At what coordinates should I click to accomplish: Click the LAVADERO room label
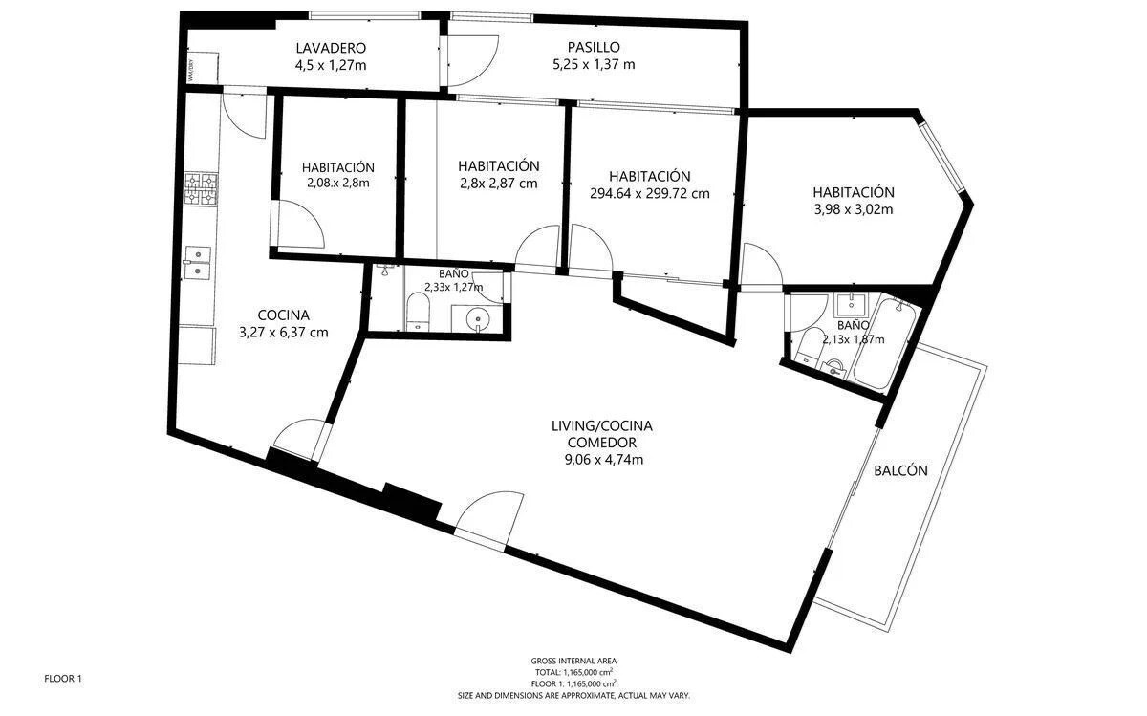pos(331,48)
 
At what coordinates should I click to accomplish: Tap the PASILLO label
pos(594,47)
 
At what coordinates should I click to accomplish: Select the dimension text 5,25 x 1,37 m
pos(594,65)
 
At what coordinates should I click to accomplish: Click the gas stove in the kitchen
pos(201,188)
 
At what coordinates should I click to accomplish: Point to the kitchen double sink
pos(197,263)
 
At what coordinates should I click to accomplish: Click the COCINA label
pos(283,315)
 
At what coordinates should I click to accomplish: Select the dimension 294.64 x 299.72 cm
pos(649,194)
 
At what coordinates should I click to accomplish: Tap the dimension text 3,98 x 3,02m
pos(853,209)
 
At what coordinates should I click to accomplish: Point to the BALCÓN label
pos(900,470)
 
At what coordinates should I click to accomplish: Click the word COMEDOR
pos(601,443)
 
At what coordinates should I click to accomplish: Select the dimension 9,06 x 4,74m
pos(604,460)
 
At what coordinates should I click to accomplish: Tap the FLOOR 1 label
pos(63,679)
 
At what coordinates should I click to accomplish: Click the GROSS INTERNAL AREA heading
pos(573,661)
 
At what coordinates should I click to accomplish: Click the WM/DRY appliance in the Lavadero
pos(203,68)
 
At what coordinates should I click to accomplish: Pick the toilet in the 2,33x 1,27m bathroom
pos(418,312)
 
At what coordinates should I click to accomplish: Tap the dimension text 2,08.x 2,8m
pos(338,183)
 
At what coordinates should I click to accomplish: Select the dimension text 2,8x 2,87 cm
pos(498,184)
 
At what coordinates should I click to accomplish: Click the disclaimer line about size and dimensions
pos(573,696)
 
